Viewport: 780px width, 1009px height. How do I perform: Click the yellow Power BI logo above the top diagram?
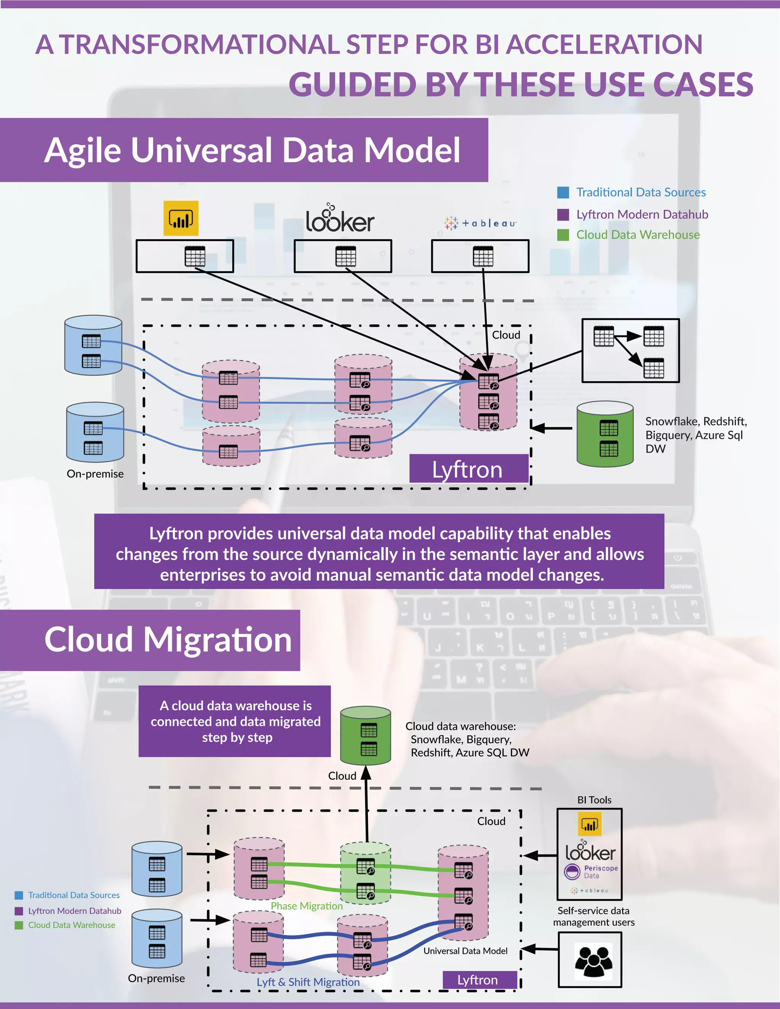pyautogui.click(x=181, y=218)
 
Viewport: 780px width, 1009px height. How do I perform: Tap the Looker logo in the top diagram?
pyautogui.click(x=340, y=219)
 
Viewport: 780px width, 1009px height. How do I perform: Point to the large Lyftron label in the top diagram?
pyautogui.click(x=468, y=469)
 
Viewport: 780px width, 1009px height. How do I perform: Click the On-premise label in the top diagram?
pyautogui.click(x=95, y=474)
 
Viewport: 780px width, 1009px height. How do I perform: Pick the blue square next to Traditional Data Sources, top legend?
pyautogui.click(x=563, y=192)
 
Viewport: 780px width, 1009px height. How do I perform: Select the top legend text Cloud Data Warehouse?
pyautogui.click(x=638, y=235)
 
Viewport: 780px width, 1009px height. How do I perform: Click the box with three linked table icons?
pyautogui.click(x=630, y=351)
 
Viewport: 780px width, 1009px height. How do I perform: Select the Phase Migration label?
pyautogui.click(x=306, y=906)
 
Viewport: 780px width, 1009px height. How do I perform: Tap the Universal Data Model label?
pyautogui.click(x=465, y=951)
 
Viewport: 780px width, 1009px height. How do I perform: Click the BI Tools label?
pyautogui.click(x=594, y=800)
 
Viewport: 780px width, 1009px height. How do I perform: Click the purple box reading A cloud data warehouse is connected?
pyautogui.click(x=235, y=721)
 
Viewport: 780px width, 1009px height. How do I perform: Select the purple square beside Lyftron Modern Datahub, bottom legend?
pyautogui.click(x=19, y=911)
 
